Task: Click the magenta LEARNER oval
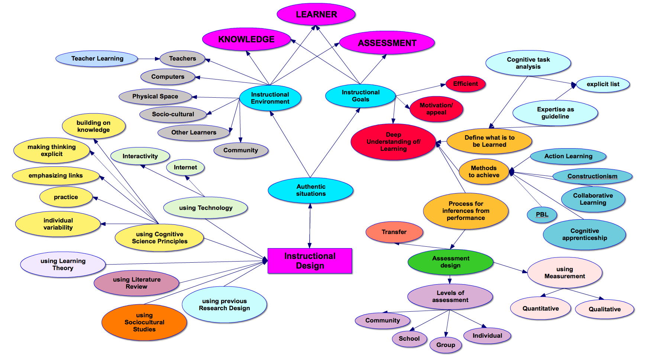316,14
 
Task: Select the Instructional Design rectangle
310,261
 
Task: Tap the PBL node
542,215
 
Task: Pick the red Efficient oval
465,84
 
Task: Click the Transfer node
394,232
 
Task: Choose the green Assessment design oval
450,262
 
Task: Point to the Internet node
185,168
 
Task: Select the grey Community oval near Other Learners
240,150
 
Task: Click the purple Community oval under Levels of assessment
382,321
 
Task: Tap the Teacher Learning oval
97,59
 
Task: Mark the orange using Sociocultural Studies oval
144,322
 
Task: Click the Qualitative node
604,309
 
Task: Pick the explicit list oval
602,84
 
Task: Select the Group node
445,345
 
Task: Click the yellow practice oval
66,197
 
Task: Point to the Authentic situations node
310,190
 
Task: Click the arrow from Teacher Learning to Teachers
149,59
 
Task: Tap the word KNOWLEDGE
246,39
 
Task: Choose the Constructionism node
592,176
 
